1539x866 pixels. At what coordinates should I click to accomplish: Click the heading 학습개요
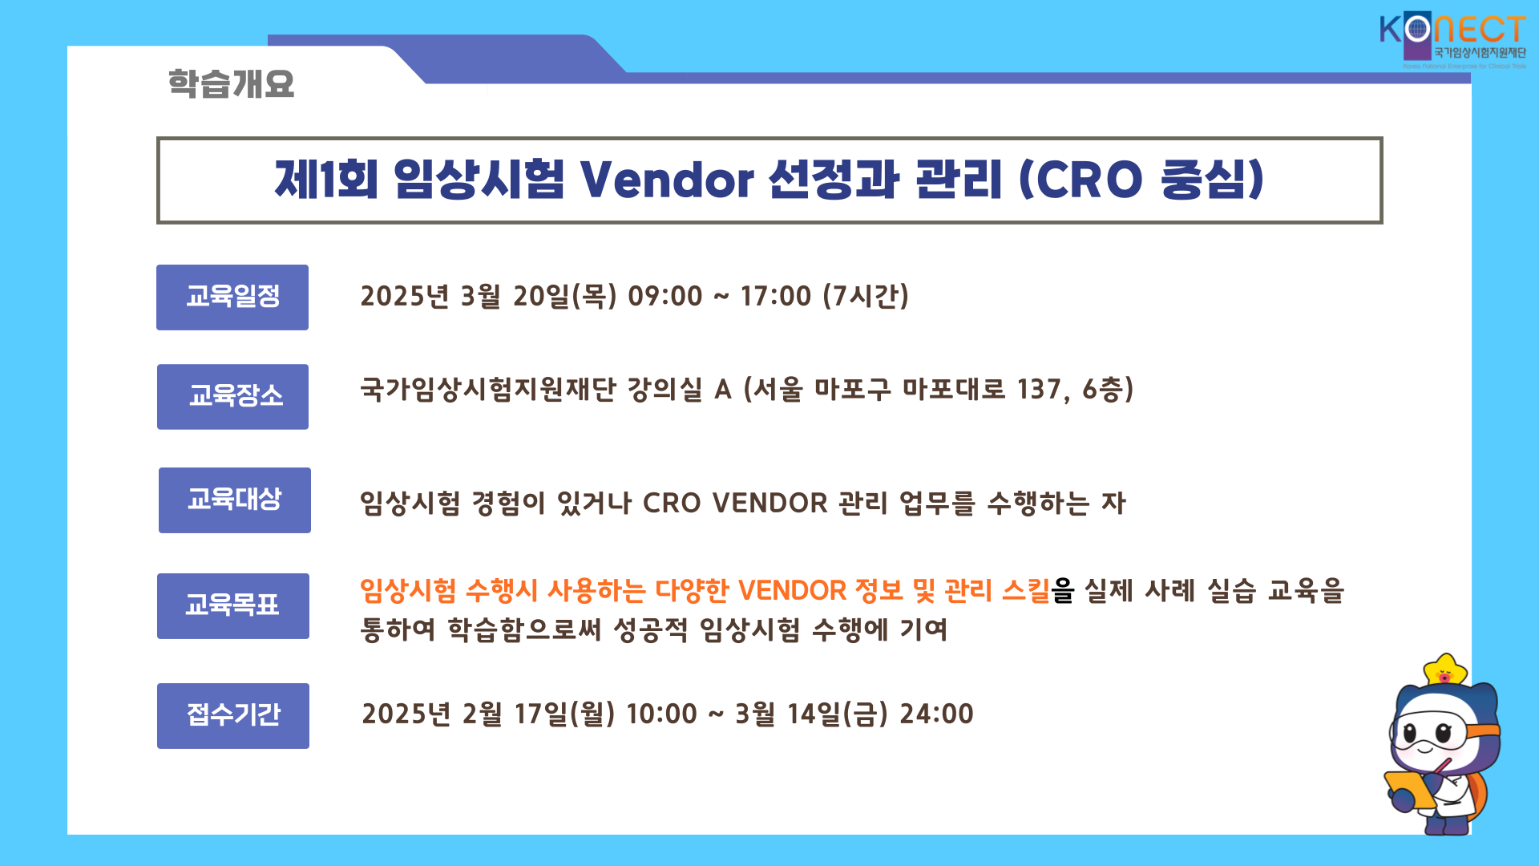[x=231, y=83]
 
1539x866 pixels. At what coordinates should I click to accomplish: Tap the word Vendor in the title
[x=666, y=179]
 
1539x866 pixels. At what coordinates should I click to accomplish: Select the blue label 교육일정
[x=232, y=297]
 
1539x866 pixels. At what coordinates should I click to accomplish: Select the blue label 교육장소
[x=232, y=397]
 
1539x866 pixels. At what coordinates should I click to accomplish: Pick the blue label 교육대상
[x=235, y=500]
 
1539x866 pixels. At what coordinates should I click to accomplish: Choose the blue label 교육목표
[x=233, y=606]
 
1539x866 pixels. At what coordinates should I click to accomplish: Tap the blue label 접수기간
[x=233, y=716]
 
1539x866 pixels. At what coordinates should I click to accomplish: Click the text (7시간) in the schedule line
[x=866, y=296]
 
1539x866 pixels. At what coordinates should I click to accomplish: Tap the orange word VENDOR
[x=792, y=591]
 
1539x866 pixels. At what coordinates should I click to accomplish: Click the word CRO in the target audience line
[x=672, y=504]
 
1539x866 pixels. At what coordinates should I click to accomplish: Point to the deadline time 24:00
[x=936, y=714]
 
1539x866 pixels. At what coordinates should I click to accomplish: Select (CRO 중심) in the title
[x=1141, y=179]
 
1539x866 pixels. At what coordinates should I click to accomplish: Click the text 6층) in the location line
[x=1108, y=390]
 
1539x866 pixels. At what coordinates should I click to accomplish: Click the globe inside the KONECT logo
[x=1418, y=30]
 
